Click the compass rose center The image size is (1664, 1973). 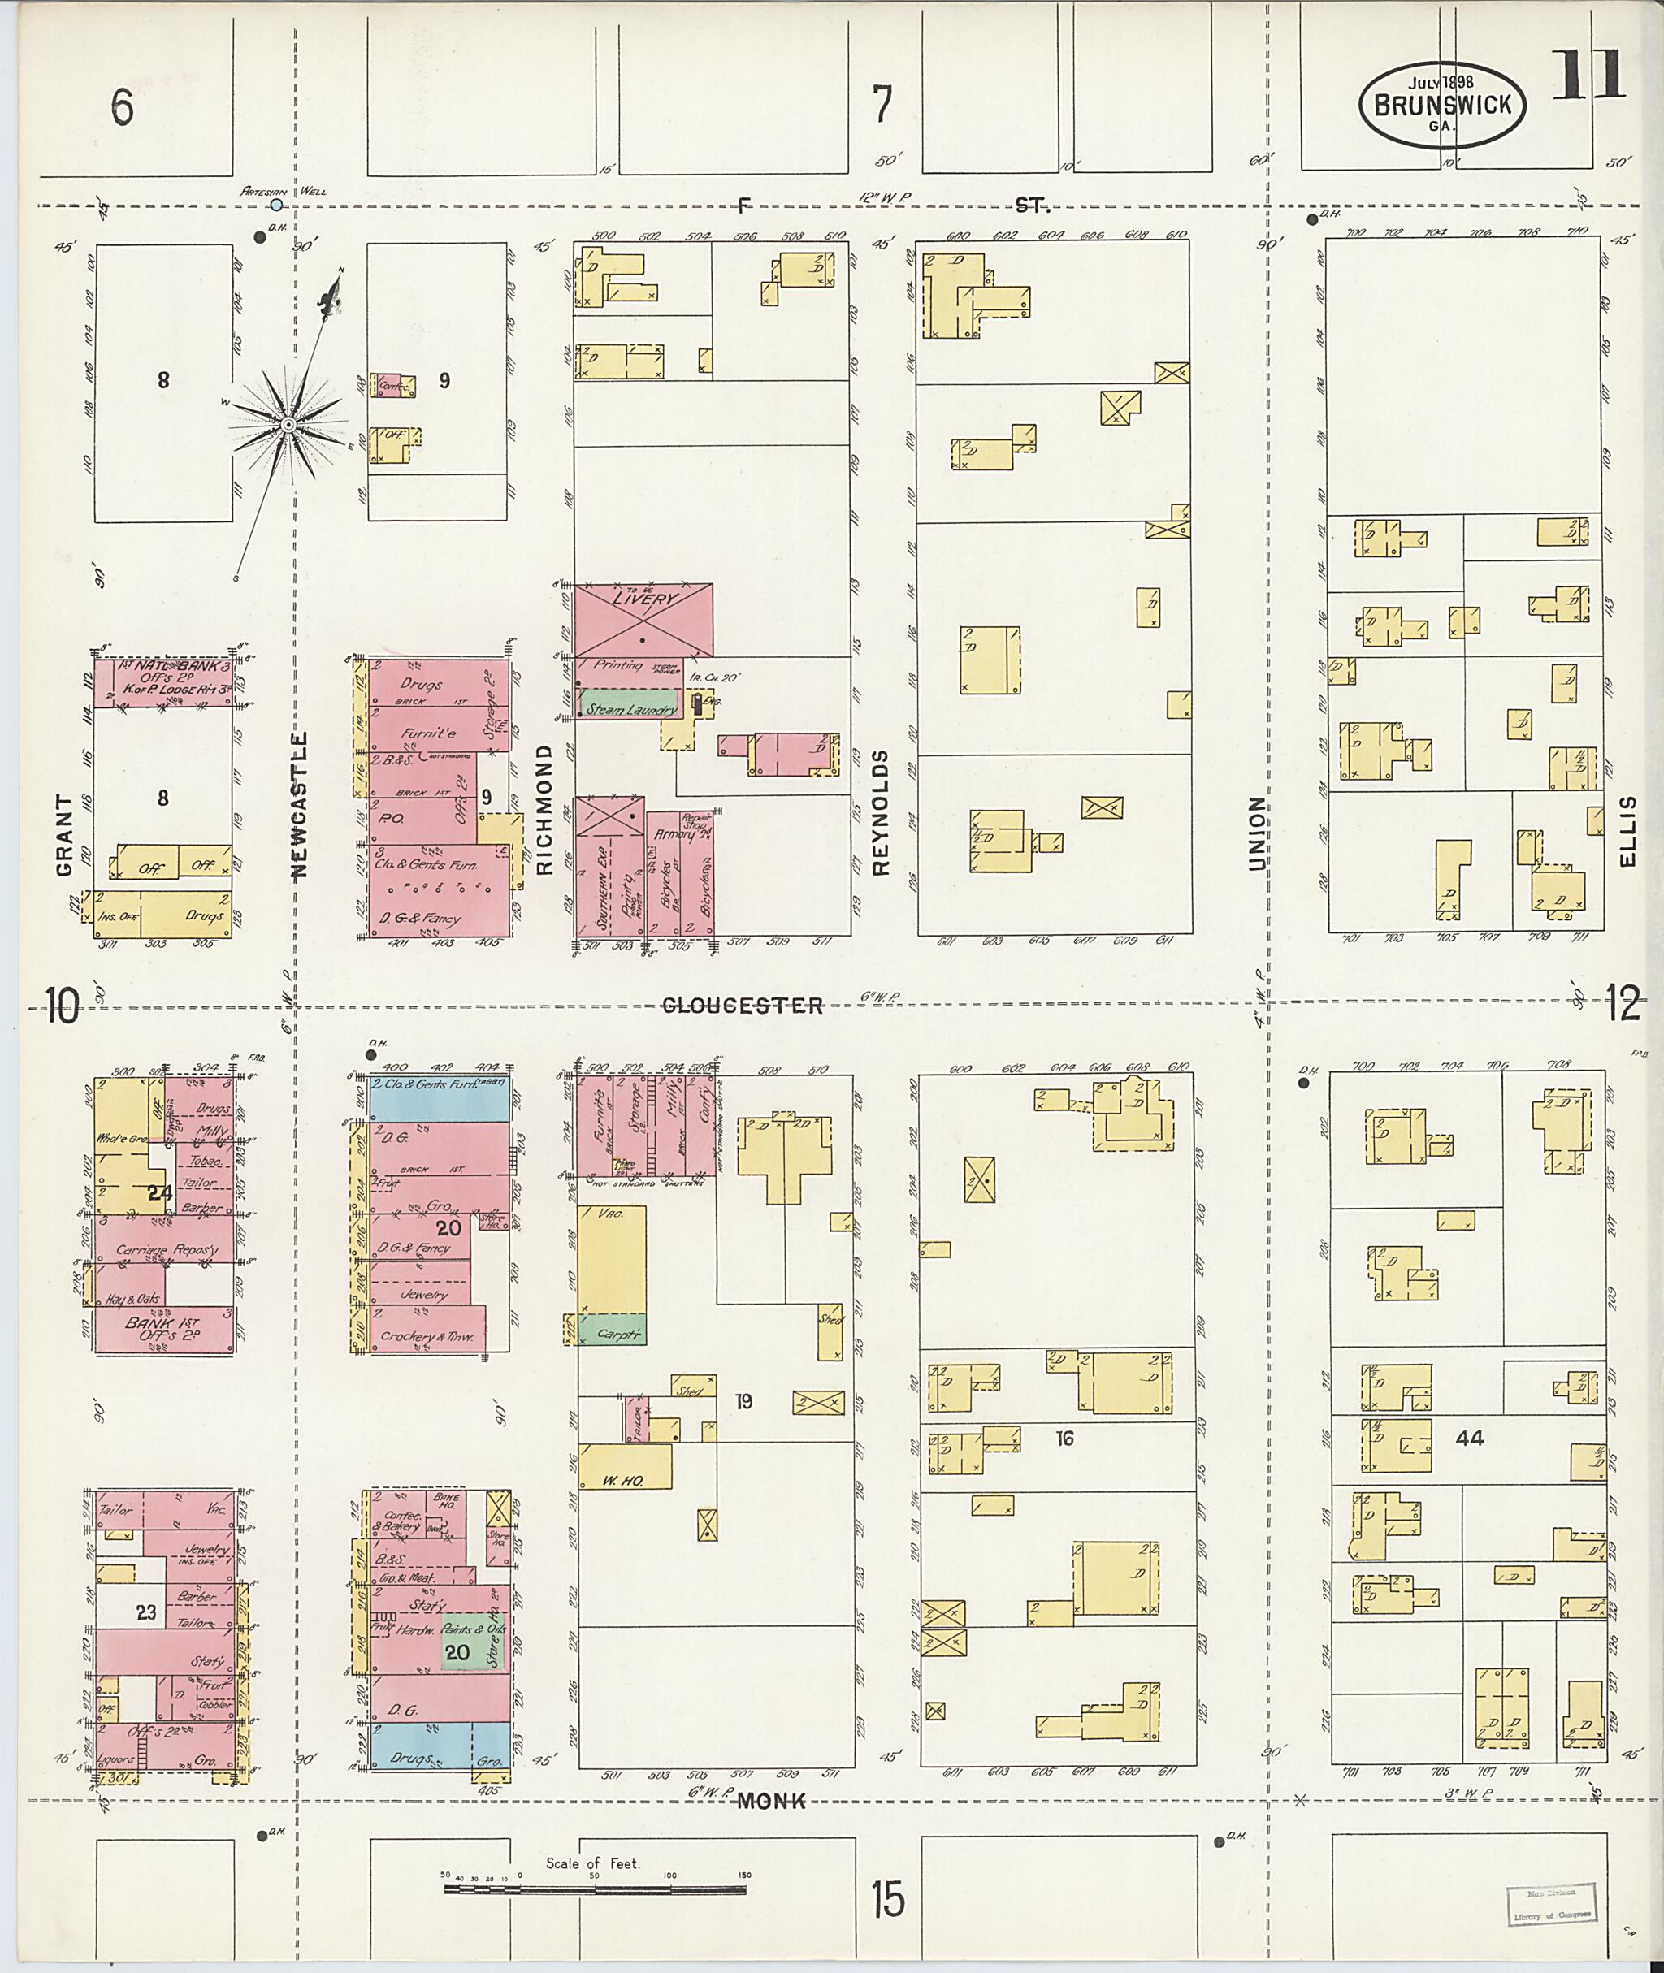288,426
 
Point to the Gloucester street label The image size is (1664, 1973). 743,1006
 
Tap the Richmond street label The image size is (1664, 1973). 544,809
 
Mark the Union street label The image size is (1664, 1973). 1256,832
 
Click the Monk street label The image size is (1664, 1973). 772,1802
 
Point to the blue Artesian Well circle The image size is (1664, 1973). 275,204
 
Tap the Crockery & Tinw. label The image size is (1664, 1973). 426,1335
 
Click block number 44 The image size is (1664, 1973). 1469,1439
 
